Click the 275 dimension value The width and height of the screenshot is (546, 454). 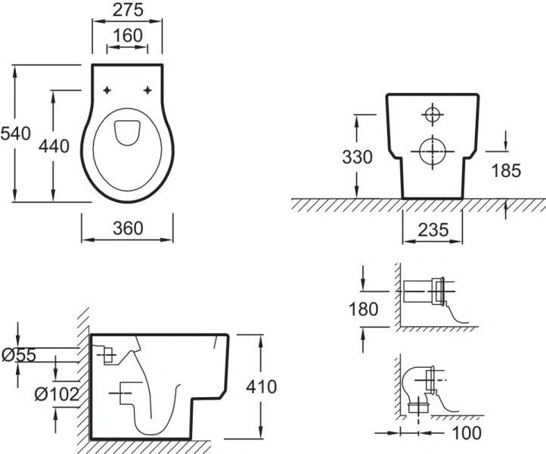click(127, 11)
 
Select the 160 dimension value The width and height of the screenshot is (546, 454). click(127, 36)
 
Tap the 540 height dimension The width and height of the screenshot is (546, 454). click(15, 134)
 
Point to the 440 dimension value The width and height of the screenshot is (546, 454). click(54, 145)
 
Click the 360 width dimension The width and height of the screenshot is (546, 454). click(127, 228)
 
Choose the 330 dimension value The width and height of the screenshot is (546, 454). click(356, 157)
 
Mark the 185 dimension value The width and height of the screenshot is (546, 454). click(505, 171)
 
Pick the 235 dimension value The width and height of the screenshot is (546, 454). click(432, 229)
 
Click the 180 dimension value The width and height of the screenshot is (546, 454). click(365, 309)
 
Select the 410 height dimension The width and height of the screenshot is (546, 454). click(262, 387)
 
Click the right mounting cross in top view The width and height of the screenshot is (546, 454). click(147, 91)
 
